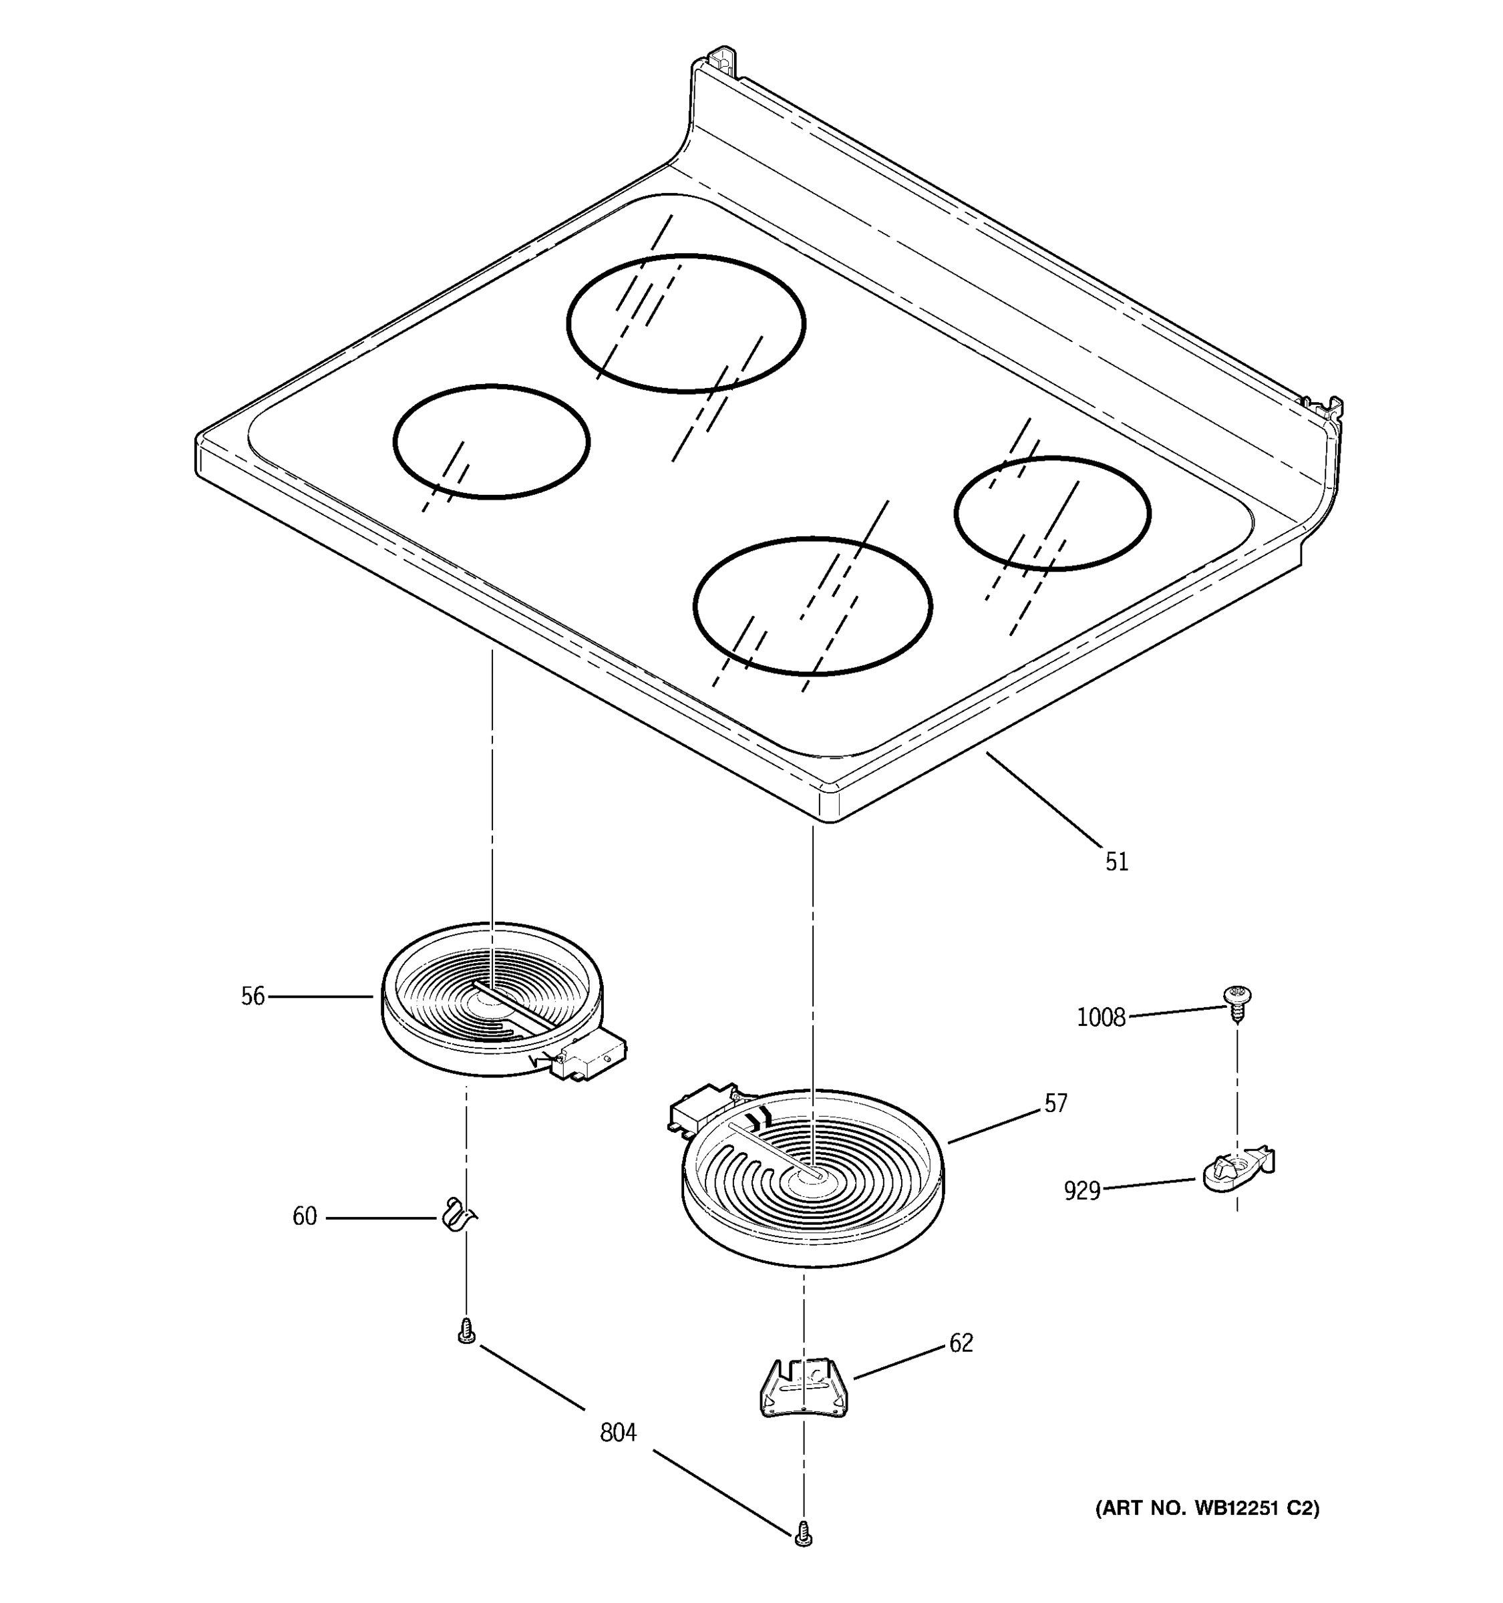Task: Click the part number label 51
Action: [1116, 862]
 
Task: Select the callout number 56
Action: [253, 997]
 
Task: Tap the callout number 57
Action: [1055, 1103]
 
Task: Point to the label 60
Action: [304, 1216]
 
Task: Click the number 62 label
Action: [961, 1343]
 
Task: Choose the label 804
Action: [618, 1433]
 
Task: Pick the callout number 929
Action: [1081, 1190]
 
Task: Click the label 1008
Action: [1101, 1018]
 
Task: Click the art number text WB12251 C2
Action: [1206, 1508]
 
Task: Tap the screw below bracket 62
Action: [802, 1533]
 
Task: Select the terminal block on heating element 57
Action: [701, 1109]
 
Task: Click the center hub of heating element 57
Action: [810, 1178]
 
